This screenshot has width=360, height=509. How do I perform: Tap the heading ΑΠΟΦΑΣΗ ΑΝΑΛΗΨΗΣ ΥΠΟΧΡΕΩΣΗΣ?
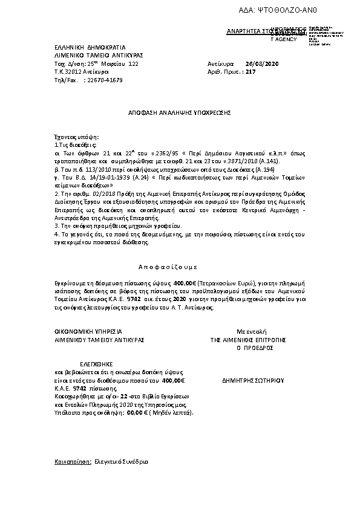[x=180, y=112]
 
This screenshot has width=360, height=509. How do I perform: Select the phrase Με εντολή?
[x=247, y=332]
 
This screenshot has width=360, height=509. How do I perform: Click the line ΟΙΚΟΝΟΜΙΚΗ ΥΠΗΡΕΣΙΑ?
[x=88, y=332]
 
